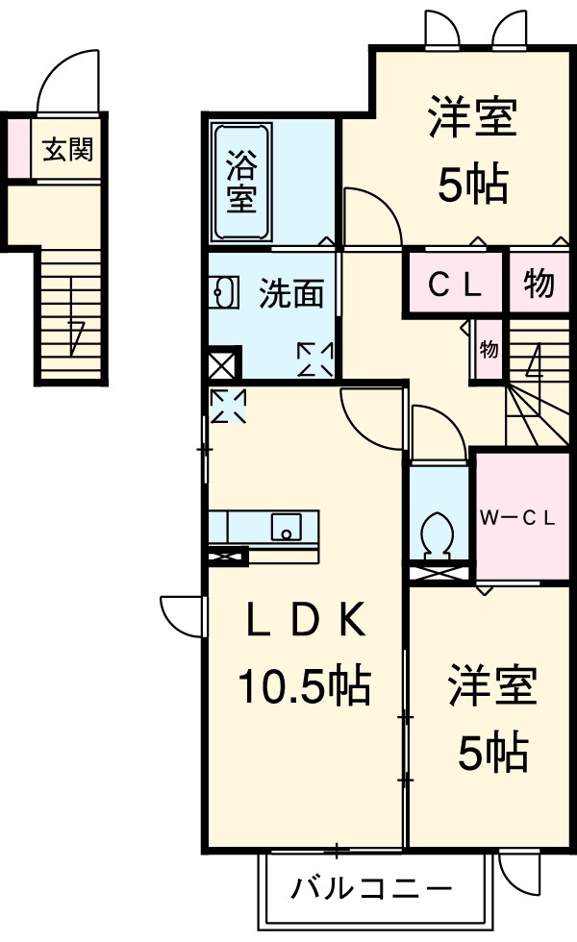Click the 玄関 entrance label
click(67, 150)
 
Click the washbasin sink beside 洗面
click(223, 293)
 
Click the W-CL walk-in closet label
click(518, 518)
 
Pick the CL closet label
click(454, 284)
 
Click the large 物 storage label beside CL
click(539, 284)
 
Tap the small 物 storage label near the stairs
click(489, 349)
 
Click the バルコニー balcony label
click(371, 886)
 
